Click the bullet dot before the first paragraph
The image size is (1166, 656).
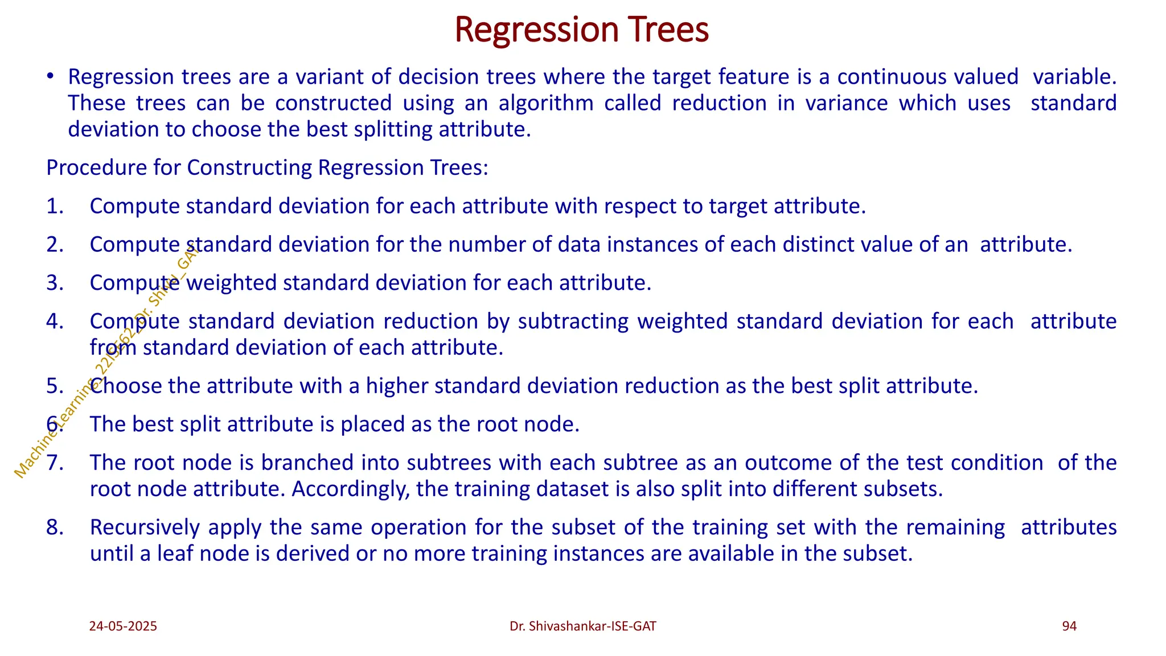pyautogui.click(x=51, y=77)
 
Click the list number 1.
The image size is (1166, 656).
pyautogui.click(x=55, y=206)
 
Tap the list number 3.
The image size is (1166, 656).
pyautogui.click(x=55, y=283)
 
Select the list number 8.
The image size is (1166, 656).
pyautogui.click(x=55, y=527)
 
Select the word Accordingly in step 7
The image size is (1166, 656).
pyautogui.click(x=351, y=489)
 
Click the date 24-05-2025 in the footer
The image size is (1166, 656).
pyautogui.click(x=123, y=626)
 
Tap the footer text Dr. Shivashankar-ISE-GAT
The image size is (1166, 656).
pyautogui.click(x=582, y=626)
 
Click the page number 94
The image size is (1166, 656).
pyautogui.click(x=1069, y=626)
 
